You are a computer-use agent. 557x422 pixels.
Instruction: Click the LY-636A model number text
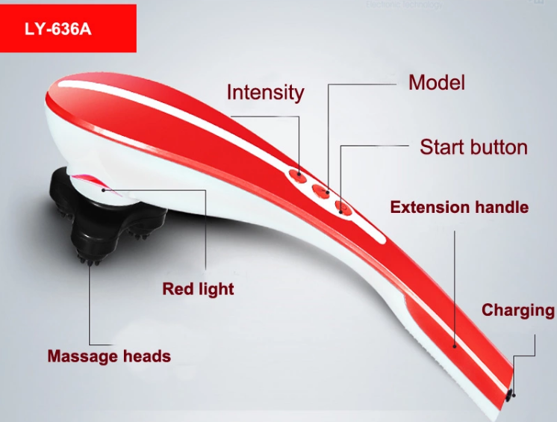58,29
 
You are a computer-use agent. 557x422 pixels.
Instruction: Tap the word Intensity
265,93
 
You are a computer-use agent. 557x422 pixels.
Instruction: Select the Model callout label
437,83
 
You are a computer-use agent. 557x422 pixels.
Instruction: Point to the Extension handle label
459,207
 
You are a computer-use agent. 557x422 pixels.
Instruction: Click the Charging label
518,311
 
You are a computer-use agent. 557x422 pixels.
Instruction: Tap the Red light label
198,289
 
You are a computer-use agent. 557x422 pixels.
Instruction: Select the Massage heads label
109,356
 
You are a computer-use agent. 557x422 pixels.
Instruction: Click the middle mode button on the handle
322,190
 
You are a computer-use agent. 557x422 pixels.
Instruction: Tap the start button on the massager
343,208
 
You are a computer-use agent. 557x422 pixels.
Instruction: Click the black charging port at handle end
510,395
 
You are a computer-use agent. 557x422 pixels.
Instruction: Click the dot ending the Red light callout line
103,190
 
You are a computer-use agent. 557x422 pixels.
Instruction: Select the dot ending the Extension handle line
455,346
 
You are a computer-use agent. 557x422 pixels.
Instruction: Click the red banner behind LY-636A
68,28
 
